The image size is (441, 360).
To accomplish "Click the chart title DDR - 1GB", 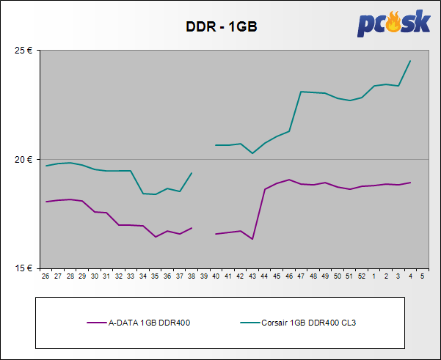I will click(x=220, y=28).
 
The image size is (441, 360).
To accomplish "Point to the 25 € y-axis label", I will click(x=24, y=51).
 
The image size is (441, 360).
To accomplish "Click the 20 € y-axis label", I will click(x=24, y=159).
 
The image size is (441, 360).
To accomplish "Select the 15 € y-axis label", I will click(x=24, y=268).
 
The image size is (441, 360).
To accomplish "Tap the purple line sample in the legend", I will click(x=96, y=323).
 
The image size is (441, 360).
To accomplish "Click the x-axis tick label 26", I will click(x=45, y=276).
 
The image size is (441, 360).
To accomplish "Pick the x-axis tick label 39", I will click(x=204, y=276).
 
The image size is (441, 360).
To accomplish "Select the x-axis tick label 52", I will click(x=362, y=276).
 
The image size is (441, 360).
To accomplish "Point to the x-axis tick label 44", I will click(x=264, y=276).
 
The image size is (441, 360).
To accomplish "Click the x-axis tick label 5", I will click(x=422, y=276).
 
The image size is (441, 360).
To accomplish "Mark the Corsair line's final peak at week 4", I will click(x=410, y=61).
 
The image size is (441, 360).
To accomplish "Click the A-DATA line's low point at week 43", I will click(x=252, y=239).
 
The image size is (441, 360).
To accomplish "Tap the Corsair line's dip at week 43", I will click(x=252, y=153).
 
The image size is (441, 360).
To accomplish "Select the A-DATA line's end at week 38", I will click(x=192, y=228).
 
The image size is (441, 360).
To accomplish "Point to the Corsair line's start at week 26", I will click(x=46, y=166).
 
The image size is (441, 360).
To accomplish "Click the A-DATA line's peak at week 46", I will click(x=289, y=180).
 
